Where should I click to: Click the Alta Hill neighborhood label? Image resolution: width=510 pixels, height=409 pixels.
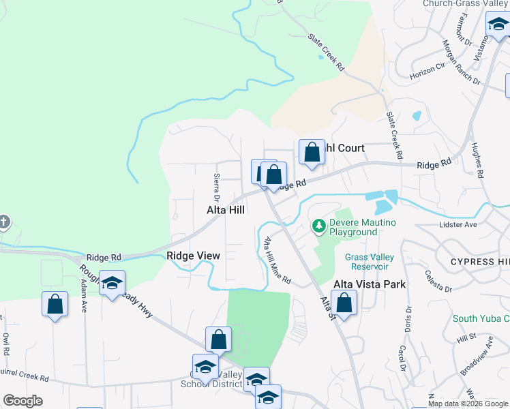pos(226,211)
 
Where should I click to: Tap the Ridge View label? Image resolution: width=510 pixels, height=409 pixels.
pos(194,256)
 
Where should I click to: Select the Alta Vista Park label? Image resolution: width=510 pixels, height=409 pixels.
pos(370,284)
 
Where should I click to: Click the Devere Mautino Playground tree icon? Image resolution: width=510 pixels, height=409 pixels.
pos(318,226)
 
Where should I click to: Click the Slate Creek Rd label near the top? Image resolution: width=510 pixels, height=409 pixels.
pos(326,52)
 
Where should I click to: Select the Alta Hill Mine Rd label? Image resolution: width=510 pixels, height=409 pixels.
pos(277,260)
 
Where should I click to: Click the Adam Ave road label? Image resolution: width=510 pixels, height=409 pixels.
pos(85,298)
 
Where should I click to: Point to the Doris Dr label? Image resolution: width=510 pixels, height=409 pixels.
pos(408,319)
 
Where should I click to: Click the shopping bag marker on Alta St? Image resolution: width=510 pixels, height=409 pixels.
pos(346,304)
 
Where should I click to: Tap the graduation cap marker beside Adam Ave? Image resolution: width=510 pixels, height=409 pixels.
pos(111,283)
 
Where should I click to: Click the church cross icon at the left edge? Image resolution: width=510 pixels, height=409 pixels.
pos(4,222)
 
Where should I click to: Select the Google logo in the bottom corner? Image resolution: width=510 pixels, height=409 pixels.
pos(22,401)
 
